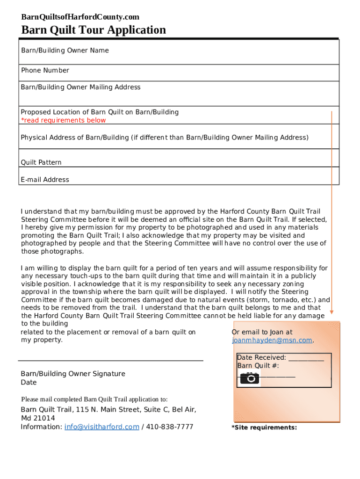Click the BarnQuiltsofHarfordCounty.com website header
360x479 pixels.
(80, 17)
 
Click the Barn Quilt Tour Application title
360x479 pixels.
(94, 30)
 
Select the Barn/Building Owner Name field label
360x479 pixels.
(65, 51)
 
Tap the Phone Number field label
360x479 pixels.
(45, 71)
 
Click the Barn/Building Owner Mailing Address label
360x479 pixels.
(80, 87)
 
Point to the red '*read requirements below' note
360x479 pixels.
(63, 121)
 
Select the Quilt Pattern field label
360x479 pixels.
(41, 163)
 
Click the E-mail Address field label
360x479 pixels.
(45, 180)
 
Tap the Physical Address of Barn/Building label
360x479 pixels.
(165, 138)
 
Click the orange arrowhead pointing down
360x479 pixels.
(331, 312)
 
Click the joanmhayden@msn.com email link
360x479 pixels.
(272, 341)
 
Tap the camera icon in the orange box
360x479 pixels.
(250, 378)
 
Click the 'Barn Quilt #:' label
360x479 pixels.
(258, 366)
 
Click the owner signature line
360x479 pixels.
(110, 361)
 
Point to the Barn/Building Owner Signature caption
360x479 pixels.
(73, 374)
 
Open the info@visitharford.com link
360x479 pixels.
(101, 427)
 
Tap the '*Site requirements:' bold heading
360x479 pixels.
(264, 428)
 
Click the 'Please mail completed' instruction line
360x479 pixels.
(94, 399)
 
